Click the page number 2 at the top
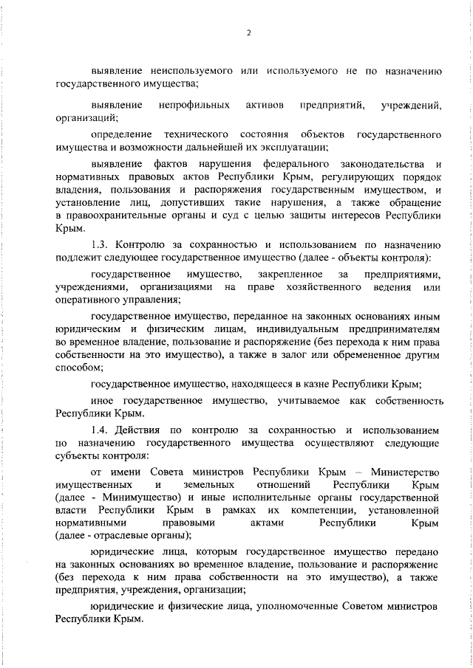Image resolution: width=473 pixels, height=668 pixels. [249, 32]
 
